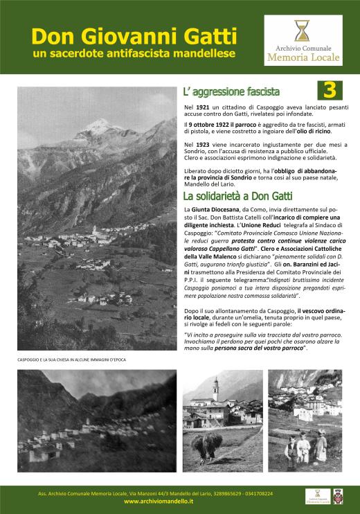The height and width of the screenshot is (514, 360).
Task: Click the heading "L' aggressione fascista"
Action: tap(231, 91)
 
